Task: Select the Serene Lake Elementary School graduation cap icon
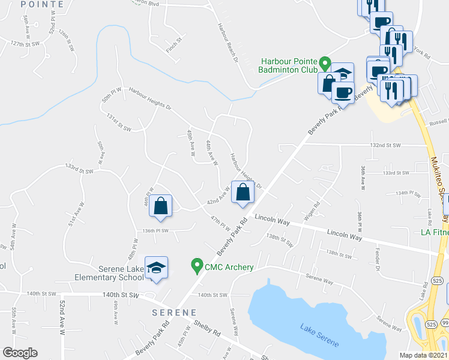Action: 156,268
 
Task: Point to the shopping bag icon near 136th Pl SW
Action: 161,206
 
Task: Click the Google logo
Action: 20,353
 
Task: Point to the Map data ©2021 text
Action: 424,355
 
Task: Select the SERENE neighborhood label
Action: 173,313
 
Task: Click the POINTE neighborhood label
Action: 41,4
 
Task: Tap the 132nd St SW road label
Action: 390,145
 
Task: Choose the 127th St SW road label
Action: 25,44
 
